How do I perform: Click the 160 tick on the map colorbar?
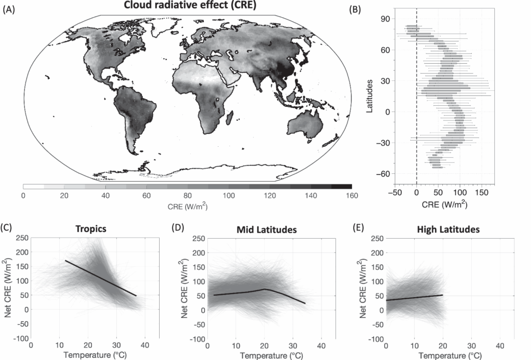tap(352, 195)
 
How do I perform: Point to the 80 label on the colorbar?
tap(187, 195)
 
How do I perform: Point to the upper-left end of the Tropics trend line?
tap(65, 260)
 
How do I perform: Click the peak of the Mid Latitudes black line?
tap(264, 289)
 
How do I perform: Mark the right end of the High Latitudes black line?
tap(442, 295)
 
